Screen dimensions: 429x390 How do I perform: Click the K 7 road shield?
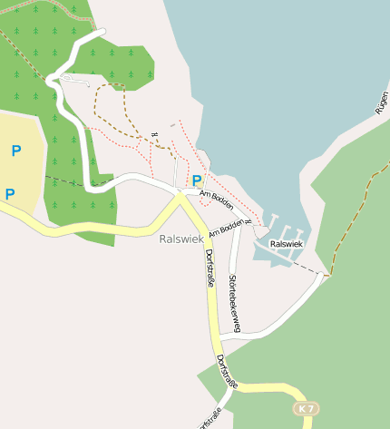307,409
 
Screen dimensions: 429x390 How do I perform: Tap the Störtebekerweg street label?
234,303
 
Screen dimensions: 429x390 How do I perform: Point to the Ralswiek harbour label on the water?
286,244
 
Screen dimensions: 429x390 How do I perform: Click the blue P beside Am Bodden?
197,180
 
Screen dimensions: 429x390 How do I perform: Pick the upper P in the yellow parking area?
15,151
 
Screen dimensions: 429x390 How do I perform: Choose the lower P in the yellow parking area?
10,193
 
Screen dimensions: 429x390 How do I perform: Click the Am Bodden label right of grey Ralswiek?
226,227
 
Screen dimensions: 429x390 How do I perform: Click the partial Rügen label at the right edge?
382,101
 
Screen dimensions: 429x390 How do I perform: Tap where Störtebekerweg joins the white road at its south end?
235,335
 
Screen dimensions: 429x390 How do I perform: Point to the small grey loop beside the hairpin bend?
74,81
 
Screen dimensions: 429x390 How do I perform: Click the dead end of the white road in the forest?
102,33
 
